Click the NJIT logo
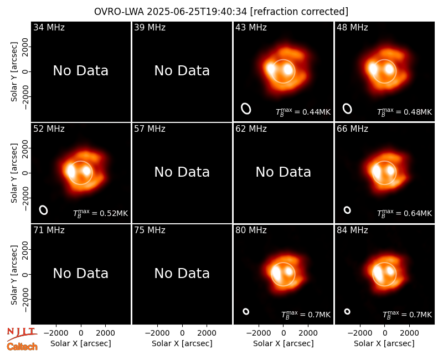pyautogui.click(x=22, y=334)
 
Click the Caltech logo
pyautogui.click(x=22, y=347)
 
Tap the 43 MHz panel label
pyautogui.click(x=251, y=27)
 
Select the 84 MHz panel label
pyautogui.click(x=352, y=230)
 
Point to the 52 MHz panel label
pyautogui.click(x=49, y=129)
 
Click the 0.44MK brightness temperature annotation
pyautogui.click(x=303, y=112)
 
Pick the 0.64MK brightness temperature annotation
pyautogui.click(x=404, y=213)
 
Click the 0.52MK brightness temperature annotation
pyautogui.click(x=101, y=213)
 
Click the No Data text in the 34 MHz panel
pyautogui.click(x=80, y=71)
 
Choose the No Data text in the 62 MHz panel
pyautogui.click(x=283, y=172)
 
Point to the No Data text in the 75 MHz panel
pyautogui.click(x=182, y=273)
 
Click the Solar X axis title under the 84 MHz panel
pyautogui.click(x=384, y=343)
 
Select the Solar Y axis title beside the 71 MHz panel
pyautogui.click(x=14, y=275)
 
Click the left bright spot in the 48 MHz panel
pyautogui.click(x=373, y=69)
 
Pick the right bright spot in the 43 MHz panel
pyautogui.click(x=288, y=69)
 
